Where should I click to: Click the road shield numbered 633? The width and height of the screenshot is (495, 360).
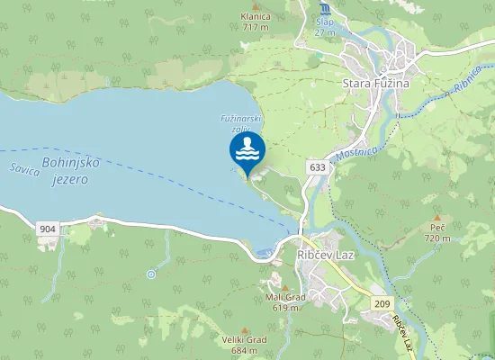pos(316,167)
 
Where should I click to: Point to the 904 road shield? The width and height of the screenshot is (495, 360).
pos(49,230)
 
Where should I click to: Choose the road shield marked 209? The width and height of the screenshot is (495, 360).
pos(384,304)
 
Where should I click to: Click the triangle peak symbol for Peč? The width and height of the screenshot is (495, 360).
pos(437,218)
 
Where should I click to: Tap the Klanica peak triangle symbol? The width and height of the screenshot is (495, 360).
pos(256,5)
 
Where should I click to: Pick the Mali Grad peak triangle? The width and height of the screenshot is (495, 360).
pos(285,287)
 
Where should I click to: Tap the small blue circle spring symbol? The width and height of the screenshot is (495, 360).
pos(151,273)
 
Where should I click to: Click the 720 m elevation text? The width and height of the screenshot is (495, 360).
pos(437,238)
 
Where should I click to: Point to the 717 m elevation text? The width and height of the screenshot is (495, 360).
pos(256,28)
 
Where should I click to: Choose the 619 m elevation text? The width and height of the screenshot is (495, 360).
pos(285,308)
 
